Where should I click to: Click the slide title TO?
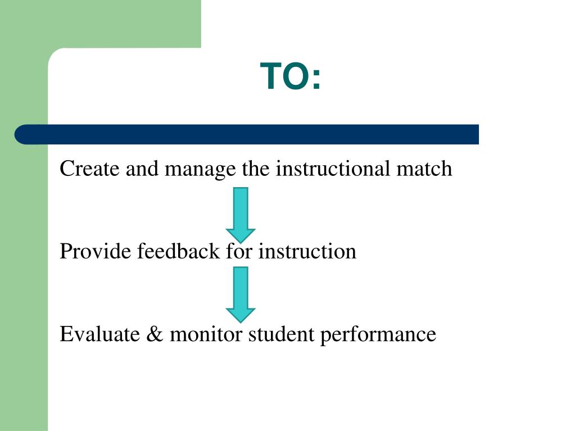(291, 76)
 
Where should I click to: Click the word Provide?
(96, 251)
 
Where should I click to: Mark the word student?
(282, 334)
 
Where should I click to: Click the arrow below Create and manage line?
(241, 214)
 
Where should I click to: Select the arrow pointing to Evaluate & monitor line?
(241, 294)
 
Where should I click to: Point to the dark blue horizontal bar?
(253, 135)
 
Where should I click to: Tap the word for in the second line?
(239, 251)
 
